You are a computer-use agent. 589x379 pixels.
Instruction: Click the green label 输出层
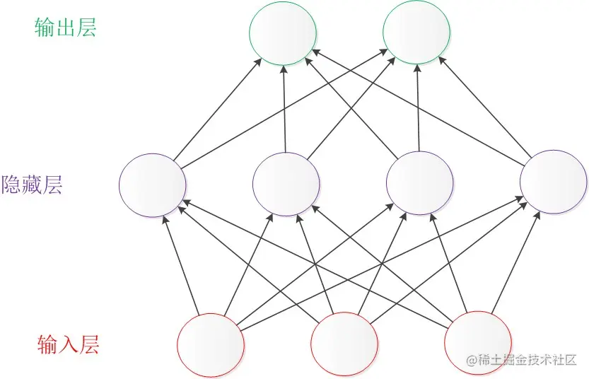click(65, 28)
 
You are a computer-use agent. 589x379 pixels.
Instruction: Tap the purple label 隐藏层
click(33, 185)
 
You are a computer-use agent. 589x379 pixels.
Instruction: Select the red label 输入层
click(68, 345)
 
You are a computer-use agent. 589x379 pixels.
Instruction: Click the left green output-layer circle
click(282, 33)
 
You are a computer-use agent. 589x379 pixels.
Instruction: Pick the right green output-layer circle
click(416, 33)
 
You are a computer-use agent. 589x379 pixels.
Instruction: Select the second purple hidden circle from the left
click(286, 184)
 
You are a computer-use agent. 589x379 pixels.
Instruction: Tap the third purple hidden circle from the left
click(419, 184)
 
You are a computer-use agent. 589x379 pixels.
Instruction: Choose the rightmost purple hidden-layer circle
click(553, 182)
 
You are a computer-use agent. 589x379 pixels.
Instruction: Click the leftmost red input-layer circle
click(211, 344)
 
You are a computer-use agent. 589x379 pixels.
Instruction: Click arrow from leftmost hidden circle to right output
click(283, 110)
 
